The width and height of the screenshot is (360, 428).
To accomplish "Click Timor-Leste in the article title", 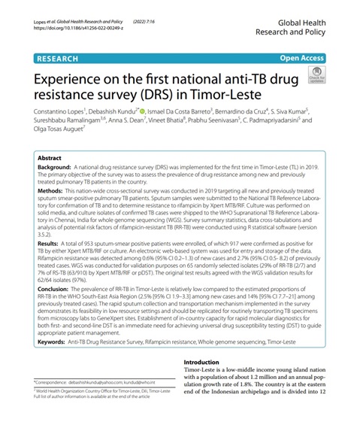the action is tap(222, 96).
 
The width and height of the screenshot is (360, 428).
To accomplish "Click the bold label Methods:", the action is tap(52, 192).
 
